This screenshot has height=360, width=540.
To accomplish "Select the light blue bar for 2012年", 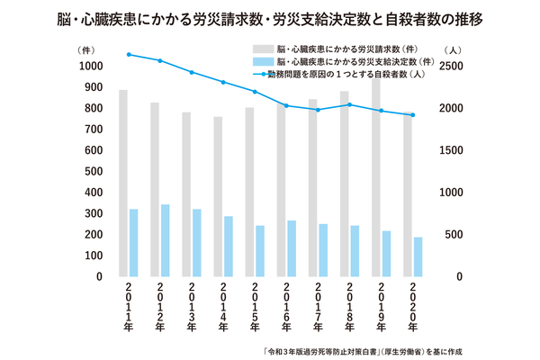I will (x=165, y=240).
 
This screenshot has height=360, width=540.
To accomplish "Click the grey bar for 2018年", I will (x=344, y=184).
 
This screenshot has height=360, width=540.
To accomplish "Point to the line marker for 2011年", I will (x=130, y=55).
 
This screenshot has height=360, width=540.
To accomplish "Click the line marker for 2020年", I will (x=412, y=115).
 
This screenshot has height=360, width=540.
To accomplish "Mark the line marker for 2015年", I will (x=254, y=92).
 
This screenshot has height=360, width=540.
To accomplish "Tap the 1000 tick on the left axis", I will (x=89, y=66).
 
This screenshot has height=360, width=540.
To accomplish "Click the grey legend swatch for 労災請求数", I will (x=264, y=48).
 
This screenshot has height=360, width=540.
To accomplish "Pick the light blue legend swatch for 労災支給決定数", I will (x=264, y=61).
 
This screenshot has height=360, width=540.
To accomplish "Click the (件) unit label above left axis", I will (x=86, y=48).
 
